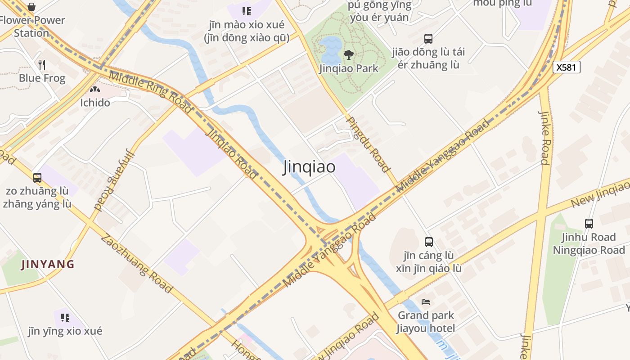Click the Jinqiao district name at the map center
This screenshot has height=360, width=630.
pyautogui.click(x=309, y=167)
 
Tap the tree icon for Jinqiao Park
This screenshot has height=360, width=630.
pyautogui.click(x=348, y=55)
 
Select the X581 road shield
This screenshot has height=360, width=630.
pyautogui.click(x=566, y=67)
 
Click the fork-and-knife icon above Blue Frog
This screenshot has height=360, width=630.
pyautogui.click(x=42, y=65)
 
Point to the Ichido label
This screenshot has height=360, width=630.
pyautogui.click(x=95, y=103)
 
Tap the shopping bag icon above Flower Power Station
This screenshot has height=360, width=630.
pyautogui.click(x=31, y=7)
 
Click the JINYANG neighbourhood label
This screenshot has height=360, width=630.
pyautogui.click(x=48, y=264)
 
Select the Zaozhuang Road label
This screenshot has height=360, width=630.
pyautogui.click(x=136, y=263)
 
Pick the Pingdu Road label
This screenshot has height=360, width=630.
pyautogui.click(x=368, y=144)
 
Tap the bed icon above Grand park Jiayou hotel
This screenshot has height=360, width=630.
pyautogui.click(x=426, y=301)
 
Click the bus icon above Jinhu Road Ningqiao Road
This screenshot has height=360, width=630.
pyautogui.click(x=589, y=223)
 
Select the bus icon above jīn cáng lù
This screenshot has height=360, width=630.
pyautogui.click(x=428, y=242)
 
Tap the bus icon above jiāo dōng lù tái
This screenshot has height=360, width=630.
pyautogui.click(x=428, y=39)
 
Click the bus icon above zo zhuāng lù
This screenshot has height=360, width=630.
pyautogui.click(x=37, y=178)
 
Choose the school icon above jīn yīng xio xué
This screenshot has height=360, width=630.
pyautogui.click(x=65, y=318)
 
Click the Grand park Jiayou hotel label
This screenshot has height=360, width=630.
pyautogui.click(x=426, y=322)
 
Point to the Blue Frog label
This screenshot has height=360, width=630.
pyautogui.click(x=42, y=78)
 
